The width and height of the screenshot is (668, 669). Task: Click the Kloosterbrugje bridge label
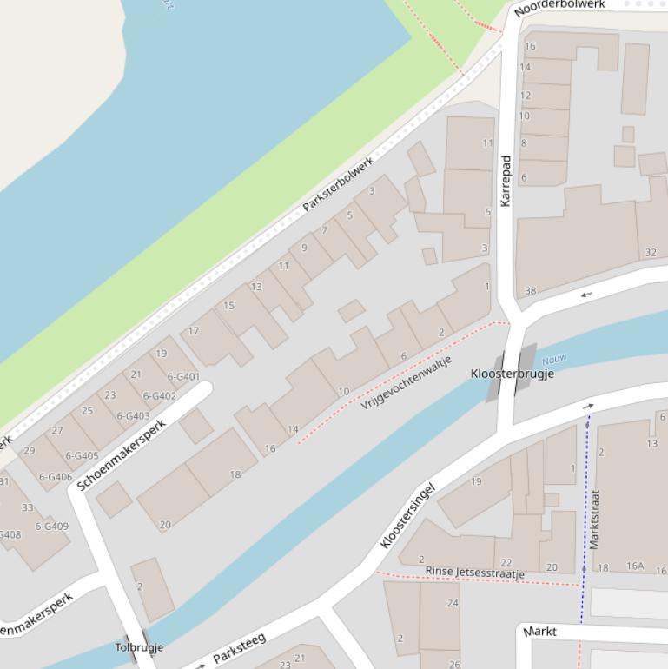click(x=512, y=374)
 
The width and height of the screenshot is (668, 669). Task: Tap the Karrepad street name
click(x=506, y=181)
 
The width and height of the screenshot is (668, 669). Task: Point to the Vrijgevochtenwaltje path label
click(x=407, y=383)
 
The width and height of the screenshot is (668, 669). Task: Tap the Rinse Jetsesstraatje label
click(x=474, y=572)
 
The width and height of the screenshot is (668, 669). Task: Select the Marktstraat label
click(x=594, y=519)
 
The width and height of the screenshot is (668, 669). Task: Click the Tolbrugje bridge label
click(x=139, y=647)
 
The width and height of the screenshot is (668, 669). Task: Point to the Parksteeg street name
click(x=239, y=649)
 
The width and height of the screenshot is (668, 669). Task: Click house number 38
click(x=530, y=291)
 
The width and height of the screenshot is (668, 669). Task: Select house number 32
click(x=651, y=253)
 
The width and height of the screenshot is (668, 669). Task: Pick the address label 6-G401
click(x=183, y=377)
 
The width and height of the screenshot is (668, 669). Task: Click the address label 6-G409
click(x=51, y=527)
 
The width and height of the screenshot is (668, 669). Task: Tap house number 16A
click(x=636, y=567)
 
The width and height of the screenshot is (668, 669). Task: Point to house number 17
click(x=194, y=331)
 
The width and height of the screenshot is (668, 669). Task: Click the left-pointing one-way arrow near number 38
click(x=586, y=295)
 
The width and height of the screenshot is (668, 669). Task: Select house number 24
click(x=453, y=603)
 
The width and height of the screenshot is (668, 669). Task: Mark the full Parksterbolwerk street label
click(x=338, y=184)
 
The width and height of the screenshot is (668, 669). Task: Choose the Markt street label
click(x=540, y=632)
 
